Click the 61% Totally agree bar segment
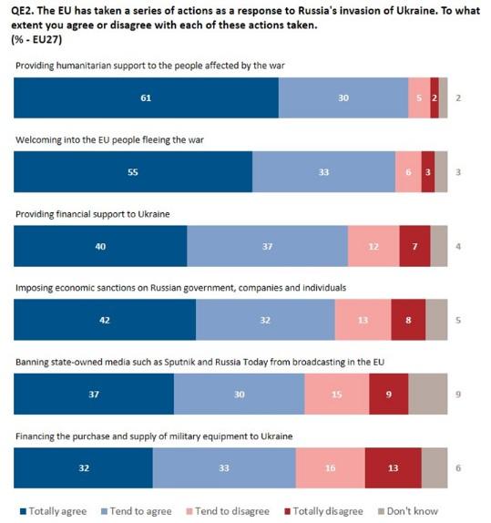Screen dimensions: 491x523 (x=146, y=97)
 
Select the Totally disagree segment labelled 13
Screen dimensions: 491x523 (x=394, y=468)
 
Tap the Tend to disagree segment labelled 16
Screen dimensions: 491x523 (x=331, y=468)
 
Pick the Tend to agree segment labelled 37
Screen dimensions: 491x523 (x=267, y=246)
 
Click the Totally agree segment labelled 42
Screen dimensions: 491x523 (x=105, y=320)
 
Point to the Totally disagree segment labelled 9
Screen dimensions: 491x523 (x=389, y=394)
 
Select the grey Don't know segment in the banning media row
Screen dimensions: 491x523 (x=427, y=394)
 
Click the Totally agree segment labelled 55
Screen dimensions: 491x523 (x=133, y=172)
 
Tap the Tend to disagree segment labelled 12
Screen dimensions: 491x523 (x=373, y=246)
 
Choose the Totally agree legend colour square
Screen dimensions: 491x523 (x=23, y=511)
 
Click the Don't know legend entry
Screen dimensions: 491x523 (x=408, y=511)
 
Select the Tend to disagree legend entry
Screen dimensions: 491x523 (x=228, y=511)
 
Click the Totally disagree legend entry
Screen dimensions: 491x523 (x=323, y=511)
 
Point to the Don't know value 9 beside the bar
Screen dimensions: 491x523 (x=458, y=395)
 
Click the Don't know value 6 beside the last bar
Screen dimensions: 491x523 (x=458, y=468)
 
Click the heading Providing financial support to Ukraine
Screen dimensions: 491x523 (x=93, y=214)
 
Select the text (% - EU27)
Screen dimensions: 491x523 (x=36, y=40)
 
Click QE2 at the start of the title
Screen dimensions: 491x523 (x=23, y=11)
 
